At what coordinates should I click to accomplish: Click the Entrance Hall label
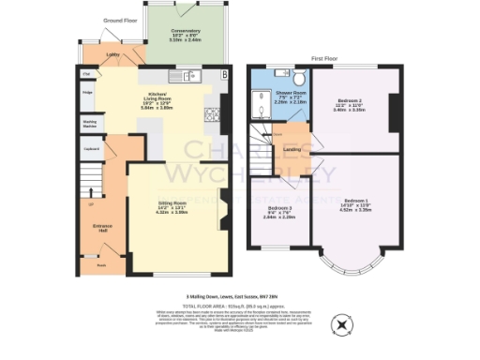[x=102, y=228]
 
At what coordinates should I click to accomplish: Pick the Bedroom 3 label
[x=279, y=211]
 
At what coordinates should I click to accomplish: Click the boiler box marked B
[x=223, y=75]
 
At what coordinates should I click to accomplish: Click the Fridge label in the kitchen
[x=87, y=93]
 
